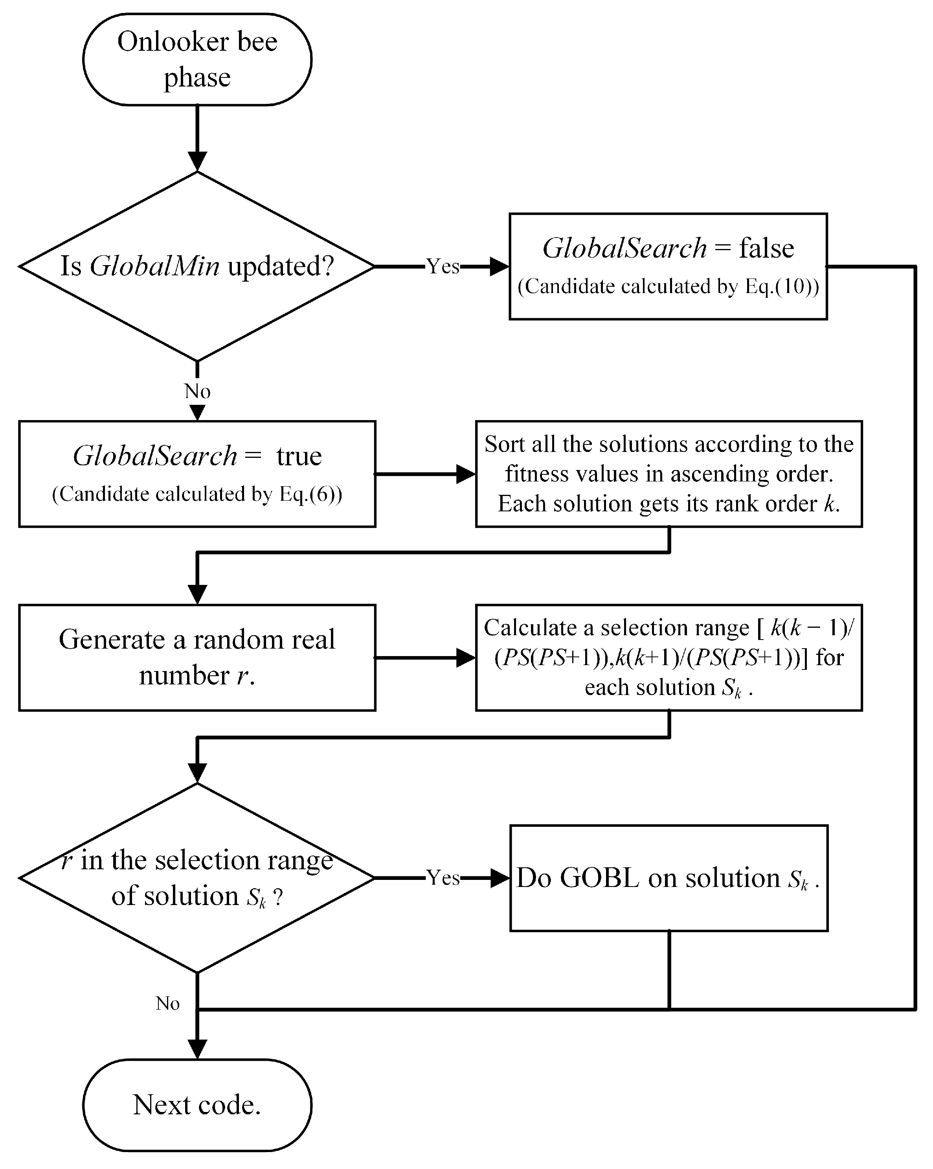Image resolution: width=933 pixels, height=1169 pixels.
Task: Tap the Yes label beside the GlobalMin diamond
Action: [x=443, y=266]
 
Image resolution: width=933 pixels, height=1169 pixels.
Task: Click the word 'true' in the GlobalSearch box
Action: [x=299, y=456]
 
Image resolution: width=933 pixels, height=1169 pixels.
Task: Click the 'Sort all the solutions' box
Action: [x=669, y=473]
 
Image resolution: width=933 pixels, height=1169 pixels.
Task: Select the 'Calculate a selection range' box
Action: [x=669, y=657]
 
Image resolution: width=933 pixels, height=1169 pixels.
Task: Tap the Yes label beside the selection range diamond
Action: [x=443, y=877]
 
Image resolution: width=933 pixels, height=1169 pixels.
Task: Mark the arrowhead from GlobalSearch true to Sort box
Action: [x=465, y=474]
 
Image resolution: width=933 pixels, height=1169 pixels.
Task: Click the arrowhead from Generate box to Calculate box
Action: [x=465, y=658]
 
